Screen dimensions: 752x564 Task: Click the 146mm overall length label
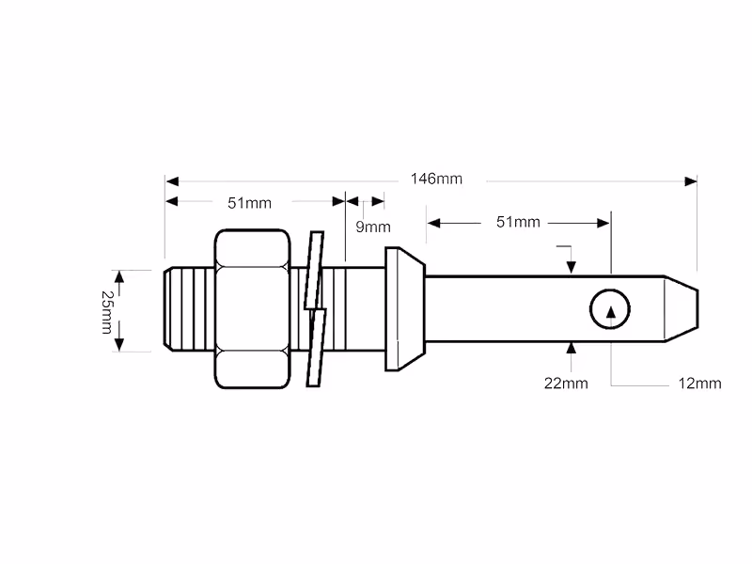click(x=436, y=179)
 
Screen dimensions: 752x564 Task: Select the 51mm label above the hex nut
click(x=249, y=203)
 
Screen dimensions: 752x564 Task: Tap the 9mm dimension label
click(x=373, y=227)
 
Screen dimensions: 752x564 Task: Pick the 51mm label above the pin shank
click(x=518, y=222)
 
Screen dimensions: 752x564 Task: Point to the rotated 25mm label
click(x=106, y=312)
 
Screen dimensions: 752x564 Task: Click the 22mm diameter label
click(x=566, y=384)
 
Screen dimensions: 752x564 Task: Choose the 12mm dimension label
click(x=699, y=384)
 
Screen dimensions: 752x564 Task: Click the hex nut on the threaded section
click(x=252, y=309)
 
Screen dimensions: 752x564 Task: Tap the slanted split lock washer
click(x=315, y=309)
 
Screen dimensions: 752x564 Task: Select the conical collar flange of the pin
click(x=404, y=309)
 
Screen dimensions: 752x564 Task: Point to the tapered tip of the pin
click(x=681, y=309)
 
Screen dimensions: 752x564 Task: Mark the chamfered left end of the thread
click(x=168, y=309)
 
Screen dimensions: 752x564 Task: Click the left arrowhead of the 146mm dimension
click(x=172, y=181)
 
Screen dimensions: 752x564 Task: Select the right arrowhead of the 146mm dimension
click(x=691, y=181)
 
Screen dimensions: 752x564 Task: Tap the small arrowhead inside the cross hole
click(x=610, y=312)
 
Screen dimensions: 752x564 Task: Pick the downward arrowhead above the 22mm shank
click(x=571, y=268)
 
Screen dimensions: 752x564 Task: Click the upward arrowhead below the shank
click(x=571, y=348)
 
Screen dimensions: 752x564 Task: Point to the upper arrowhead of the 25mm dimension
click(x=119, y=276)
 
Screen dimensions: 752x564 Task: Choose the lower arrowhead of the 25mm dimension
click(x=119, y=344)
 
